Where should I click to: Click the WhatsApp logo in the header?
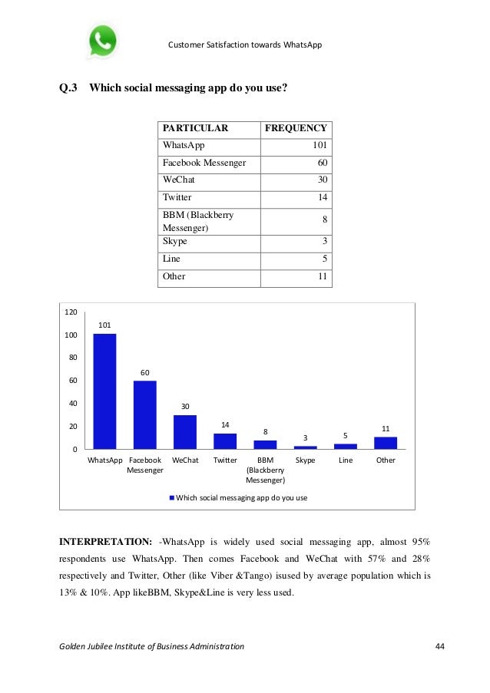coord(102,41)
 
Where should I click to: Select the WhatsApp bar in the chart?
coord(104,391)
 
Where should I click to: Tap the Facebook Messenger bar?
coord(144,414)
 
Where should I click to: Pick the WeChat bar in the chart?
coord(185,431)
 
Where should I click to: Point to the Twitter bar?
coord(225,441)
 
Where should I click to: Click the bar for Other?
coord(386,443)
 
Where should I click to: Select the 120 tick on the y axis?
coord(71,312)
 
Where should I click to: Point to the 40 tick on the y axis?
coord(71,403)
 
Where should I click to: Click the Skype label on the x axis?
coord(306,460)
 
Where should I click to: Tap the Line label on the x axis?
coord(346,460)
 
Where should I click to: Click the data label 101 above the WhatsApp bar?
coord(104,325)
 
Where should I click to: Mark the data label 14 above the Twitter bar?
coord(225,424)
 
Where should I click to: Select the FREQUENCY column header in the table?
coord(296,129)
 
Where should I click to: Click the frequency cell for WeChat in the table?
coord(323,180)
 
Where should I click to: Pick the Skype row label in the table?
coord(175,241)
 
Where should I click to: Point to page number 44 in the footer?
coord(439,647)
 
